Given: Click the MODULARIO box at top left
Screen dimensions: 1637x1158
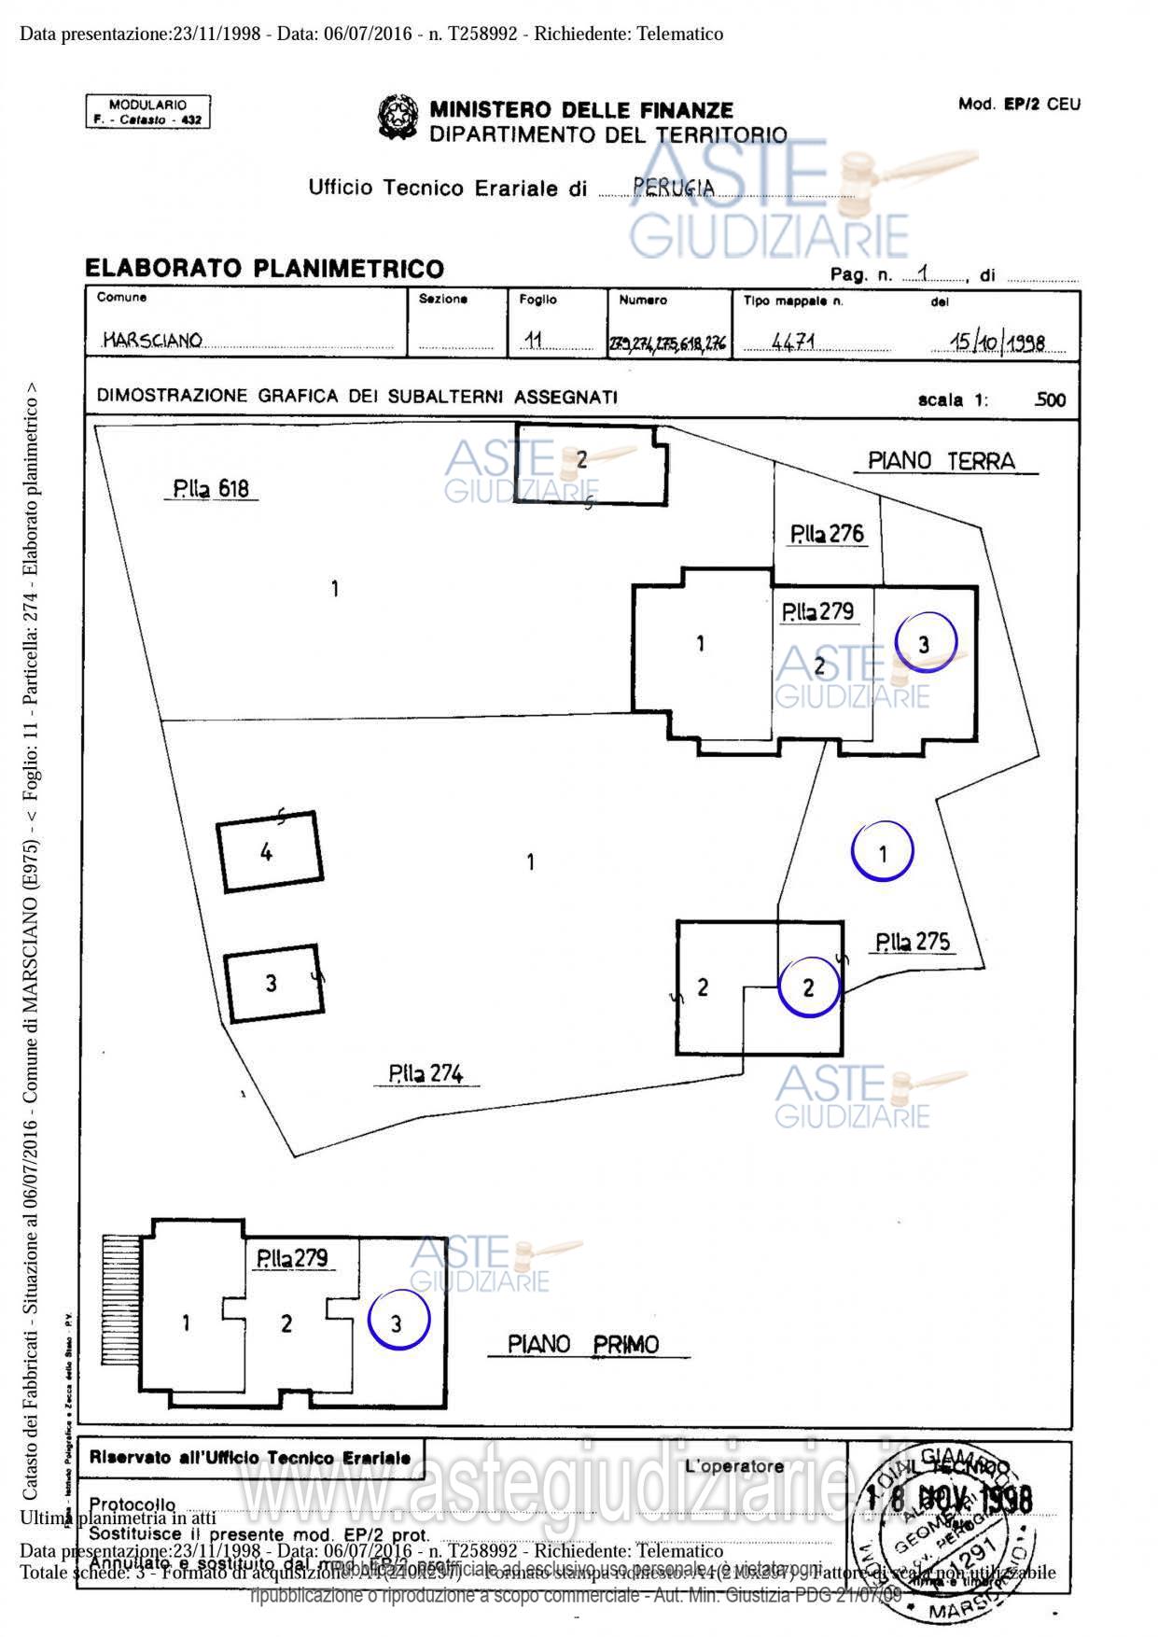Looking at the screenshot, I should coord(147,112).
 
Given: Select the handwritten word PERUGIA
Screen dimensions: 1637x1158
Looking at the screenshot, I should coord(673,187).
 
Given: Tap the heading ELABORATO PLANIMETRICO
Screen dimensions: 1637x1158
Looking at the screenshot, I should coord(264,269).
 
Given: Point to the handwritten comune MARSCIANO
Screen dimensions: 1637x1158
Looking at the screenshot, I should coord(152,340).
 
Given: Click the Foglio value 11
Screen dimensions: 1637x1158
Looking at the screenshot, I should coord(534,341).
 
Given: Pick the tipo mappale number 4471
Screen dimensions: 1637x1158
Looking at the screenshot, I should coord(793,342).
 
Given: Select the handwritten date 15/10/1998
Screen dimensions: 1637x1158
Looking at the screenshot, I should coord(997,343).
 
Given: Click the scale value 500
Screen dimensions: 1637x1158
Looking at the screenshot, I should coord(1050,400).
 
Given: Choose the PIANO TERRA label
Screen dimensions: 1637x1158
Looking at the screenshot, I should coord(941,461).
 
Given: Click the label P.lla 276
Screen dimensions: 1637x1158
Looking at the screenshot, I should coord(827,534).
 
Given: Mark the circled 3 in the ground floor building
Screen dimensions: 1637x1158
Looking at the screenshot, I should coord(925,642).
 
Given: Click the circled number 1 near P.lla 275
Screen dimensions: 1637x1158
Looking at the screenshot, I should coord(883,851).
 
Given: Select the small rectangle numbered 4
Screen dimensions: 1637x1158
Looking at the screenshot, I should coord(269,852).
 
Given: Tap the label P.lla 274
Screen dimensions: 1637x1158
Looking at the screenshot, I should coord(426,1074).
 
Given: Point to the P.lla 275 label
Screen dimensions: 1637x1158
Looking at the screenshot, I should coord(913,941).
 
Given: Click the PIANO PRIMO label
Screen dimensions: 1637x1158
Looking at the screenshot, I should coord(583,1344).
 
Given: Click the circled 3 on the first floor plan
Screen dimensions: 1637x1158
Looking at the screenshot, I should coord(398,1322).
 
